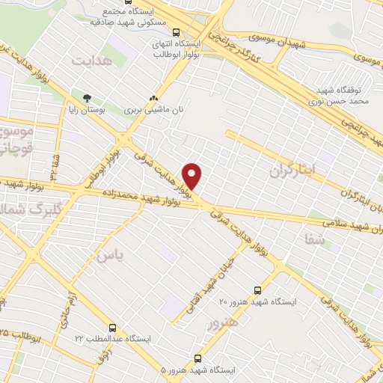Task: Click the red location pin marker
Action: (x=192, y=176)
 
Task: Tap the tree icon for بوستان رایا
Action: (x=88, y=98)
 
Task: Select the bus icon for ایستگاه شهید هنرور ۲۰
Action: (x=258, y=290)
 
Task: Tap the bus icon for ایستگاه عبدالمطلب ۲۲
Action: (x=112, y=328)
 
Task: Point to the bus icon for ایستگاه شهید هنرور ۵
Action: (x=198, y=359)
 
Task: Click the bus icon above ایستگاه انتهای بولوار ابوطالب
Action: (x=176, y=32)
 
